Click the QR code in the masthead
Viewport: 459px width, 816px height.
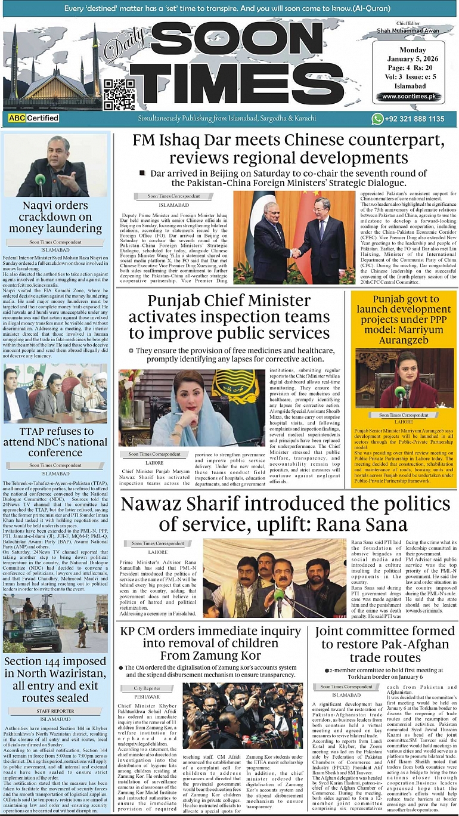click(x=119, y=94)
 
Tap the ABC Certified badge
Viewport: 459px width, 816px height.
click(x=34, y=118)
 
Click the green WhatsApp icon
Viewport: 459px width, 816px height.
click(x=377, y=119)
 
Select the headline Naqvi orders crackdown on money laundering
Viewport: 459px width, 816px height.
click(x=55, y=217)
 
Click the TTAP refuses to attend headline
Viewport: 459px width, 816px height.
click(x=55, y=442)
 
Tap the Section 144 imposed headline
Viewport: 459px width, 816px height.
click(x=55, y=679)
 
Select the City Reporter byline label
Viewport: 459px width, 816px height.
click(x=147, y=688)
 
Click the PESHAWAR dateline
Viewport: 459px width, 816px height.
click(x=147, y=696)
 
